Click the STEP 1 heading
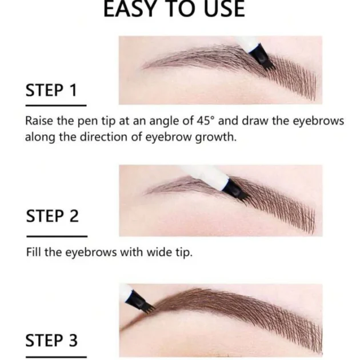(x=51, y=90)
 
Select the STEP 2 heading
(x=53, y=216)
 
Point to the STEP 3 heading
(x=51, y=340)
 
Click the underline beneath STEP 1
(x=56, y=106)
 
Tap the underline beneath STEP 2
(x=57, y=236)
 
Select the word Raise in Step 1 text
(x=39, y=121)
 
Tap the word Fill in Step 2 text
(x=34, y=252)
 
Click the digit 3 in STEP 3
(x=73, y=340)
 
